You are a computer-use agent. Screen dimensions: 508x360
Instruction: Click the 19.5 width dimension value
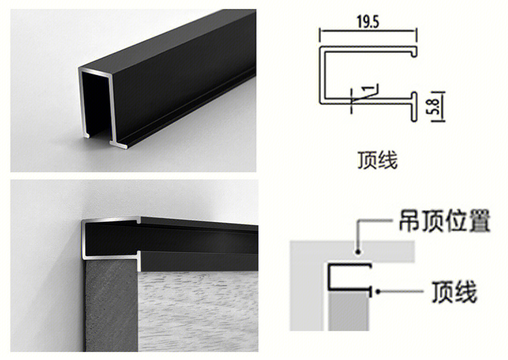coord(368,22)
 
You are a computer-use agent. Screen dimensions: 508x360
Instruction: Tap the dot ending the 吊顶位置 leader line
coord(358,251)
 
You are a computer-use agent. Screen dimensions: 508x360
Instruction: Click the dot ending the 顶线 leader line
coord(378,292)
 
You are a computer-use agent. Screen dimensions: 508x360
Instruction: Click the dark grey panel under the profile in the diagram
coord(348,311)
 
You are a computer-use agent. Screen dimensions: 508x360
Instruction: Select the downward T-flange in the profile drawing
coord(414,107)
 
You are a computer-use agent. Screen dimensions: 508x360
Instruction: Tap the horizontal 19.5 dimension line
coord(368,31)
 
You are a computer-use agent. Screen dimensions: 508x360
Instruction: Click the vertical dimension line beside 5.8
coord(442,107)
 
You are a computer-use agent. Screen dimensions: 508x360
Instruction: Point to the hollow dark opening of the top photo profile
coord(95,102)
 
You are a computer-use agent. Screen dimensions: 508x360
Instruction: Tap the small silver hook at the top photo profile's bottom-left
coord(86,134)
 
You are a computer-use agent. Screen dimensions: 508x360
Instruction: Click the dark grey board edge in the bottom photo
coord(111,305)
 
